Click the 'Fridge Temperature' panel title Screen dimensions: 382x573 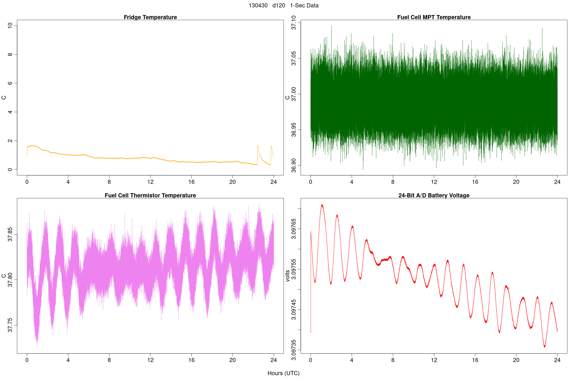pos(150,17)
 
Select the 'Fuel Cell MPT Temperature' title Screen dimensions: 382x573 pos(434,17)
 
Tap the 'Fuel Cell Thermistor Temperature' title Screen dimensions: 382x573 pos(150,195)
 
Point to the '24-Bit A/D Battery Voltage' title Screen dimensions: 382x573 pos(434,195)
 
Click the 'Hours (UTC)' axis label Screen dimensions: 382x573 pos(283,373)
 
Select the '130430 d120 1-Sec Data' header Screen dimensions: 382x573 pos(283,5)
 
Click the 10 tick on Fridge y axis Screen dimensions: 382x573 pos(11,25)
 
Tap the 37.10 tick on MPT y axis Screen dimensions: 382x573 pos(294,23)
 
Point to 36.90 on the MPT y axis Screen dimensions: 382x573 pos(294,166)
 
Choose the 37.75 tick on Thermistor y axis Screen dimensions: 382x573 pos(11,325)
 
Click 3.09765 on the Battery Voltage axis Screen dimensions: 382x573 pos(294,229)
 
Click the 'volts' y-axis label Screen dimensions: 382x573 pos(288,276)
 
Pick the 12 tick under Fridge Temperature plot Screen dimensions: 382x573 pos(150,182)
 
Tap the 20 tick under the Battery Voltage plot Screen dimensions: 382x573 pos(516,360)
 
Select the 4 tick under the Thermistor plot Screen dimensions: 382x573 pos(68,360)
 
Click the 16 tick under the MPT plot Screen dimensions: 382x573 pos(475,182)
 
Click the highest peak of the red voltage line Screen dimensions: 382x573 pos(322,205)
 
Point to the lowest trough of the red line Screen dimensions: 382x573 pos(545,347)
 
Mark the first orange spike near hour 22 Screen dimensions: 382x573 pos(258,145)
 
